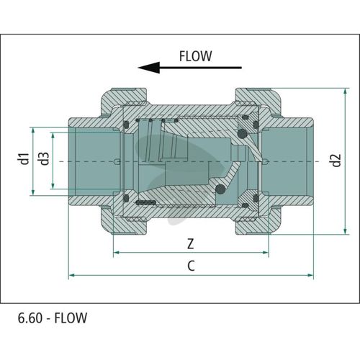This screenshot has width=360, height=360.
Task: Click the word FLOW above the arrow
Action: pyautogui.click(x=195, y=56)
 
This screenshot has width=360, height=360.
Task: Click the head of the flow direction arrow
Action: pyautogui.click(x=149, y=68)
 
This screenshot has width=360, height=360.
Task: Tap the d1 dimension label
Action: pyautogui.click(x=24, y=158)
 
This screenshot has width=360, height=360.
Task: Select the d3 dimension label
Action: pyautogui.click(x=44, y=158)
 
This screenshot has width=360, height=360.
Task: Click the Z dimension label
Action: pyautogui.click(x=190, y=244)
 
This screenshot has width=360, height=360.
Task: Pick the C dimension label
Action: pyautogui.click(x=191, y=266)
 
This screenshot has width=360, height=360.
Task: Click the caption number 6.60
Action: pyautogui.click(x=30, y=318)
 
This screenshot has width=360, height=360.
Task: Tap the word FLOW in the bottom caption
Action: pyautogui.click(x=71, y=318)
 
